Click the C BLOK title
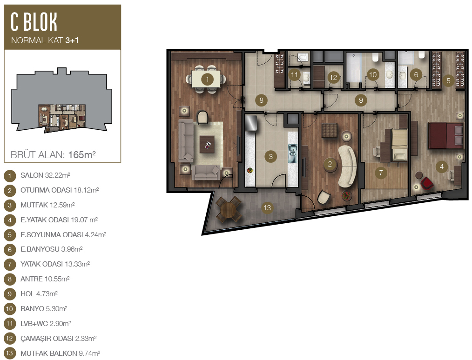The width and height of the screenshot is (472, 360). point(34,22)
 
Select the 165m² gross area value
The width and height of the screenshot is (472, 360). point(82,154)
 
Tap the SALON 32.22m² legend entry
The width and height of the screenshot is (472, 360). point(45,175)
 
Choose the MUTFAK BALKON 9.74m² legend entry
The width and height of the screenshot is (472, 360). point(60,353)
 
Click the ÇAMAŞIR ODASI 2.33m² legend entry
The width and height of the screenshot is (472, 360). point(58,338)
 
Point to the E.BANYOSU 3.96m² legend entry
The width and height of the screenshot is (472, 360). point(52,249)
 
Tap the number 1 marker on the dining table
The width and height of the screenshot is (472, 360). point(207,80)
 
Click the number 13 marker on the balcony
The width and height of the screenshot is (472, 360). point(267,207)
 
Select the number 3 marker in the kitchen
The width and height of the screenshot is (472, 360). point(270,156)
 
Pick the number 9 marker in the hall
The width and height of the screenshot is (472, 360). point(361,100)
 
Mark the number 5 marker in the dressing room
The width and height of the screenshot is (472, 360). point(448,80)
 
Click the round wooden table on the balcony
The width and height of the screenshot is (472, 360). point(229,210)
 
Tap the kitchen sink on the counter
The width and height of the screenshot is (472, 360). point(292,153)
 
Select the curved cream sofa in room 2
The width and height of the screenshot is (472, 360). point(348,167)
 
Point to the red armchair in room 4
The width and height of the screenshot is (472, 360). point(427,183)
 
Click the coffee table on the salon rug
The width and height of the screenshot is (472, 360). point(207,144)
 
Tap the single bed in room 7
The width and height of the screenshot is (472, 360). point(399,145)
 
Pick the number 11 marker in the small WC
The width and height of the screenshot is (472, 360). point(294,75)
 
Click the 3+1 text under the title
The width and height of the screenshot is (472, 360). point(72,40)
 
